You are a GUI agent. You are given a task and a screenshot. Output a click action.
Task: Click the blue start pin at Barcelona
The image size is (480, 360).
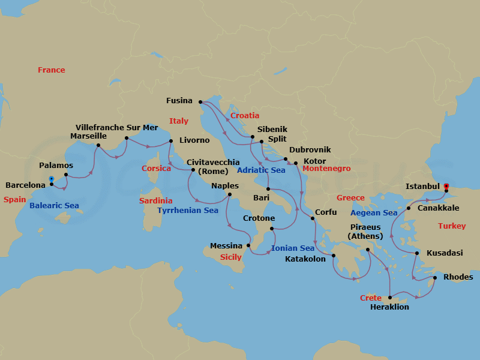[x=51, y=179]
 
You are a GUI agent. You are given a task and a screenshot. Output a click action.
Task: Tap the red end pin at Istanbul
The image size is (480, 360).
[x=446, y=186]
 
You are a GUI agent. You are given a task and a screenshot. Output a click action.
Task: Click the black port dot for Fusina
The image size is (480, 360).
[x=200, y=102]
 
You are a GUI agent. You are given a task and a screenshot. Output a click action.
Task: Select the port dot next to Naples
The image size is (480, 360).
[x=230, y=194]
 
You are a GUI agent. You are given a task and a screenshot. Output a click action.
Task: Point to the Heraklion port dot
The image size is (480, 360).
[x=391, y=298]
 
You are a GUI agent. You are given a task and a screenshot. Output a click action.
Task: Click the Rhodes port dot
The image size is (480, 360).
[x=434, y=278]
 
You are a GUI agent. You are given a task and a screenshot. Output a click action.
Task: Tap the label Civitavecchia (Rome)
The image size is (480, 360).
[x=213, y=166]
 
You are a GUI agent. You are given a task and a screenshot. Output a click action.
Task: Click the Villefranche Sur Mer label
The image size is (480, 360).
[x=117, y=128]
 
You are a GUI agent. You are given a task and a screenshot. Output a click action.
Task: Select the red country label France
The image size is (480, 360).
[x=51, y=70]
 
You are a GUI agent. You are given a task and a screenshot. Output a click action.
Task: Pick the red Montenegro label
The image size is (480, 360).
[x=326, y=169]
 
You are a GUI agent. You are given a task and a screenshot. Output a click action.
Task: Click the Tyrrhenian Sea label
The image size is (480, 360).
[x=188, y=211]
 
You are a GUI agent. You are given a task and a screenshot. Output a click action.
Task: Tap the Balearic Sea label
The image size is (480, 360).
[x=54, y=206]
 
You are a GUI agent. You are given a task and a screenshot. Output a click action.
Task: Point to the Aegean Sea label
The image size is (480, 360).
[x=374, y=213]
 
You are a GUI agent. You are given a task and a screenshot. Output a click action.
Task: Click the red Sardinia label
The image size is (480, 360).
[x=155, y=201]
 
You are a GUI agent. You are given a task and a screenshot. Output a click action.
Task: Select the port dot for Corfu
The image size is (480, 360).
[x=313, y=219]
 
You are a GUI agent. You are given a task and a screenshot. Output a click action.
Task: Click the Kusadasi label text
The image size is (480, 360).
[x=445, y=253]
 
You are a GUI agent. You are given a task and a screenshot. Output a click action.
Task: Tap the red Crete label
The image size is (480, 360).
[x=370, y=298]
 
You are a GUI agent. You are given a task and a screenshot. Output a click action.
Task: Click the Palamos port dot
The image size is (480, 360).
[x=65, y=175]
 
